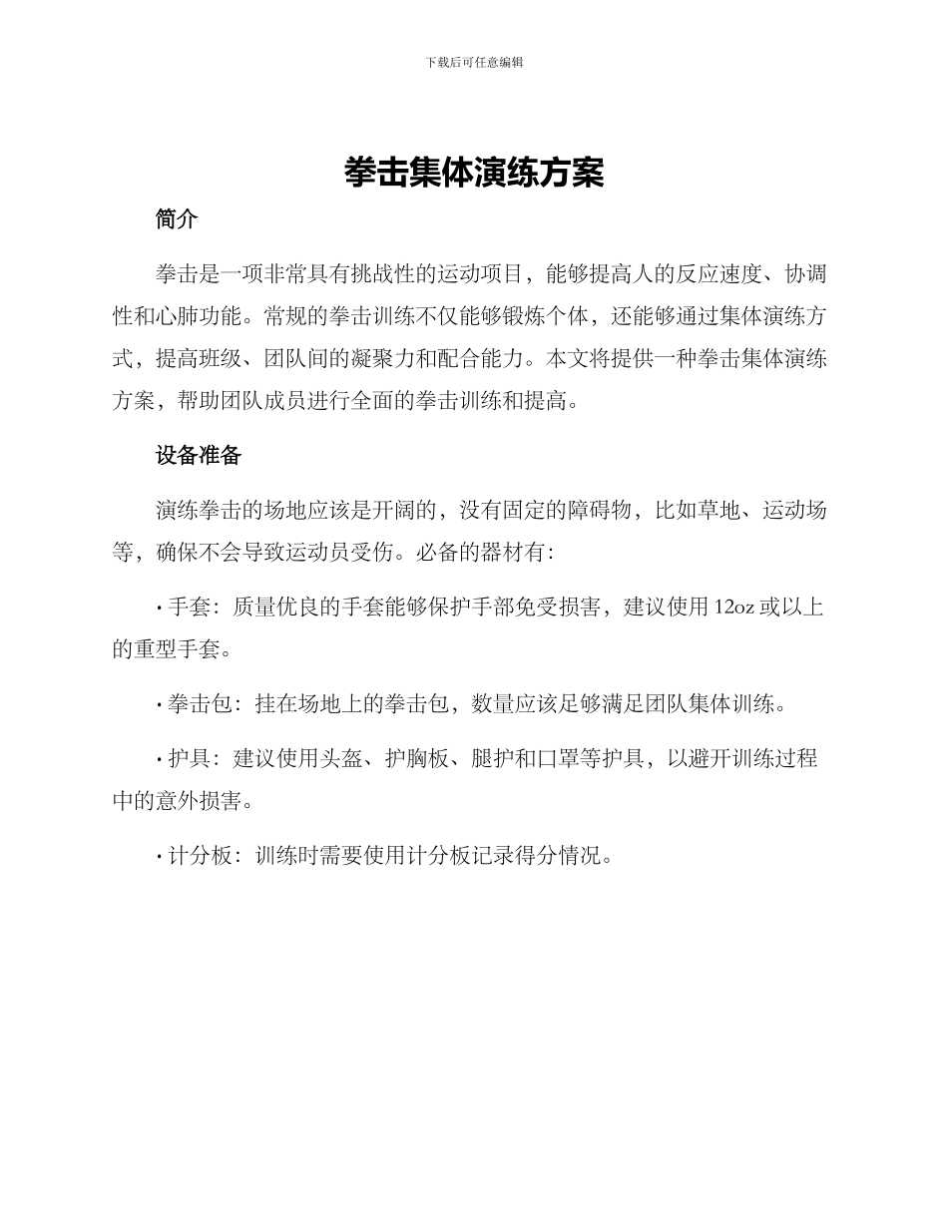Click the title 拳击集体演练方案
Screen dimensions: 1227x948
(x=474, y=173)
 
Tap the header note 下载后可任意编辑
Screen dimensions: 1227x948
(x=474, y=62)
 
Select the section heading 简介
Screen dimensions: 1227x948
(x=177, y=219)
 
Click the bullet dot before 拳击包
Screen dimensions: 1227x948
(x=160, y=706)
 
